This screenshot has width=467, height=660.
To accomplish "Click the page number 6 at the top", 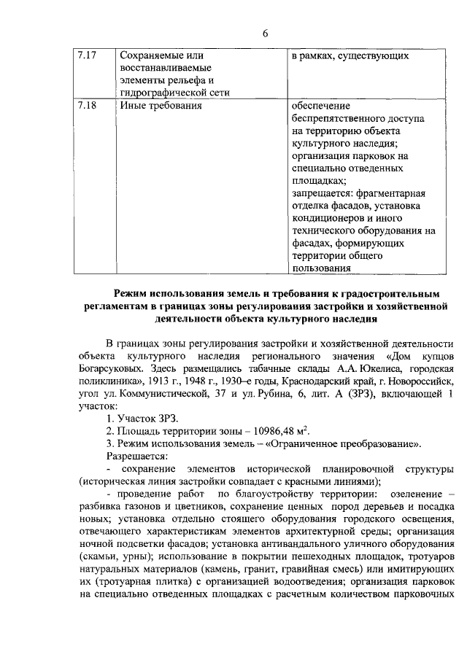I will [266, 33].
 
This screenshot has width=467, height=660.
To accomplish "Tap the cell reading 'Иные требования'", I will [161, 106].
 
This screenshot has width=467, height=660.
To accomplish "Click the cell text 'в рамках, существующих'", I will [350, 55].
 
